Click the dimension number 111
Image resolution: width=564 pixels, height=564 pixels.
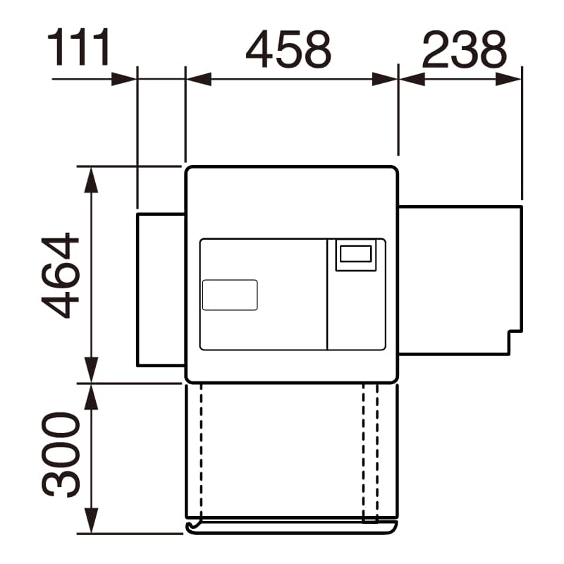coord(78,47)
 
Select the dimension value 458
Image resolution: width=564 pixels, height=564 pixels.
coord(288,49)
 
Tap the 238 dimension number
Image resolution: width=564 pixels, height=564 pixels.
coord(464,49)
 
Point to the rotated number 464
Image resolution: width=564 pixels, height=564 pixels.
coord(60,276)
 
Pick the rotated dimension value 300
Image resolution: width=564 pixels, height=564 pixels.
coord(60,455)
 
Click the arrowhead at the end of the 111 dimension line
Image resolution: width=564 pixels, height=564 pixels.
coord(124,79)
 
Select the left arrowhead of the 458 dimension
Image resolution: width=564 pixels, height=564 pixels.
coord(199,79)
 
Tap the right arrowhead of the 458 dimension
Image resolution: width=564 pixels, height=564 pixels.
coord(384,79)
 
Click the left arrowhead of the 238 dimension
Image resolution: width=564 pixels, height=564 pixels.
coord(412,79)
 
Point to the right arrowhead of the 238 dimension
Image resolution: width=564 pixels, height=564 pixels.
coord(508,79)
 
